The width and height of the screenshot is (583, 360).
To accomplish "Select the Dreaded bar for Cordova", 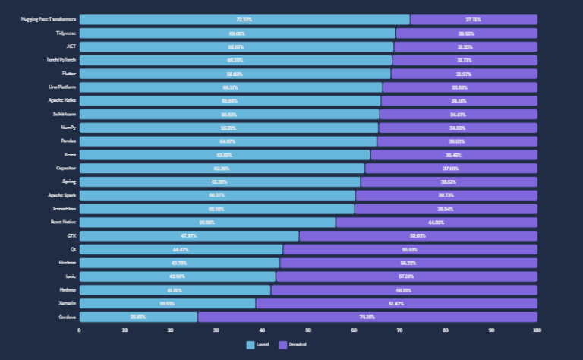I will pyautogui.click(x=367, y=317).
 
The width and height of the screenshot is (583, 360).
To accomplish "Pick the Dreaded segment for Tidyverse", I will pyautogui.click(x=466, y=33).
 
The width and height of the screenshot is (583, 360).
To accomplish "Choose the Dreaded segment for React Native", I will pyautogui.click(x=436, y=223).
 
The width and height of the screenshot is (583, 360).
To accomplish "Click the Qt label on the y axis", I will pyautogui.click(x=73, y=249).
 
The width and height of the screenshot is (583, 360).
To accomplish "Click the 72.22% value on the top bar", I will pyautogui.click(x=244, y=20).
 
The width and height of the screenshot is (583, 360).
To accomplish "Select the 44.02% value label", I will pyautogui.click(x=436, y=223).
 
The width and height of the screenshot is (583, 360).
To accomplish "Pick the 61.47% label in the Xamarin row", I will pyautogui.click(x=396, y=303).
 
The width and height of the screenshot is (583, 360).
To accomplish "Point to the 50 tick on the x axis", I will pyautogui.click(x=308, y=330).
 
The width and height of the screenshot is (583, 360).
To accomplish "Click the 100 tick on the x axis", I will pyautogui.click(x=537, y=330).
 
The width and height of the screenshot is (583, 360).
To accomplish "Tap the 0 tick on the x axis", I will pyautogui.click(x=80, y=330).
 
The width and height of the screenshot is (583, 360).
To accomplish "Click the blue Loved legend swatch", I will pyautogui.click(x=250, y=345).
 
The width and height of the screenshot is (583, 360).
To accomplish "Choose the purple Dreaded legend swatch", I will pyautogui.click(x=282, y=345).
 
